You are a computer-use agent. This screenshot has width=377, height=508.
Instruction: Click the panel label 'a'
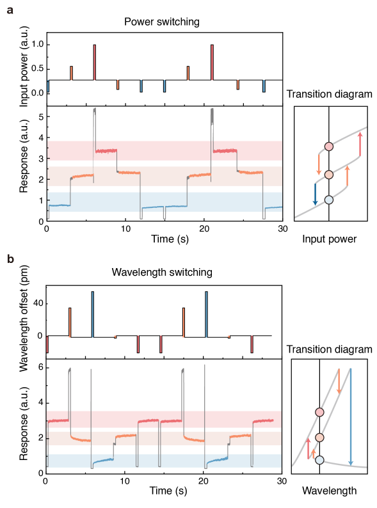(10, 10)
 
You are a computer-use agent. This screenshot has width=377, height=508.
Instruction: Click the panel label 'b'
(10, 259)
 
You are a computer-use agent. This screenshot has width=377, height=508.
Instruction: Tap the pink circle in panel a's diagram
(329, 147)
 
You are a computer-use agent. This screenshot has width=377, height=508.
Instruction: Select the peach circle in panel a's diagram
(329, 175)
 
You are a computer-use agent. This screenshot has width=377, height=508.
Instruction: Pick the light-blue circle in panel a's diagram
(329, 200)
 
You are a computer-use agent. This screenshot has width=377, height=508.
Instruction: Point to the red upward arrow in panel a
(360, 144)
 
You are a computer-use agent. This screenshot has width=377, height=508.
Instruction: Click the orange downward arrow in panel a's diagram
(319, 164)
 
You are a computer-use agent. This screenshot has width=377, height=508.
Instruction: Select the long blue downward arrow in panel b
(351, 416)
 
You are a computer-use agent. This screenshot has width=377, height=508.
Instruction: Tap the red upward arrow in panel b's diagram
(308, 448)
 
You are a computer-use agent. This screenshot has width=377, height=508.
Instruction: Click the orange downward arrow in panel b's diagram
(339, 381)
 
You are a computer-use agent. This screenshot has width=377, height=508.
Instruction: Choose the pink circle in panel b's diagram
(319, 412)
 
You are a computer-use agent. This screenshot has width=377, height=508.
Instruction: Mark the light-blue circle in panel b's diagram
(319, 460)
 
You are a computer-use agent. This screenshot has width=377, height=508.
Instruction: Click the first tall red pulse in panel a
(95, 63)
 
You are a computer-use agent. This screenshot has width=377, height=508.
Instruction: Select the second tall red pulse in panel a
(212, 63)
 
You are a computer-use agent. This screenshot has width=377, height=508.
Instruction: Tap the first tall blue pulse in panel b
(93, 314)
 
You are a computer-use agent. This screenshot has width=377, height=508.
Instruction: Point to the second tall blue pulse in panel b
(206, 314)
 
